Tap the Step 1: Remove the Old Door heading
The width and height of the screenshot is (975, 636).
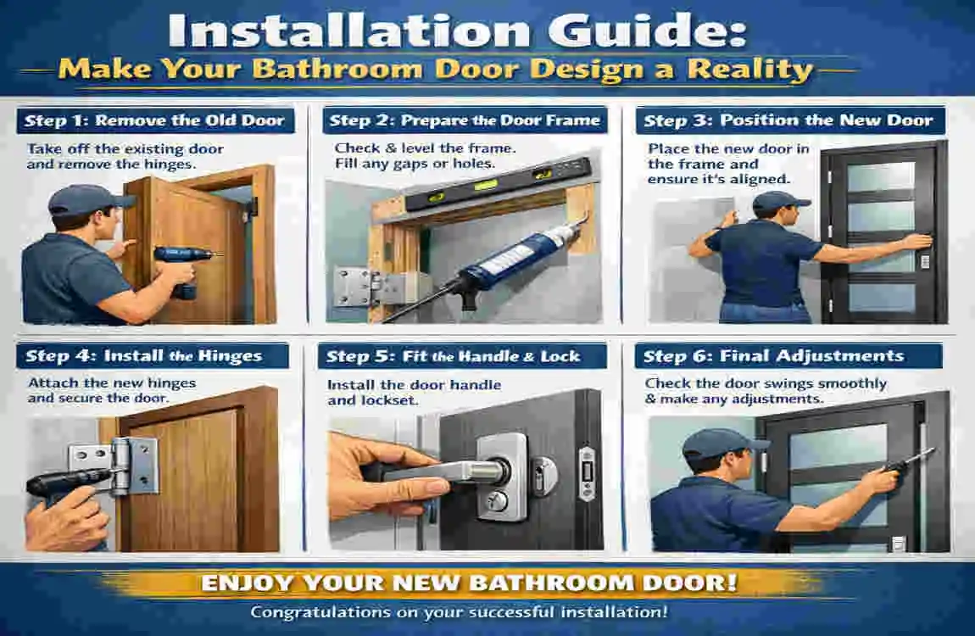tap(154, 120)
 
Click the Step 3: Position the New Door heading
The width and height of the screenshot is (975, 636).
tap(788, 120)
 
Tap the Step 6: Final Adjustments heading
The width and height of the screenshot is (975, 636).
tap(773, 355)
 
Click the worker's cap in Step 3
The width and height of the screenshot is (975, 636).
tap(777, 201)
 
